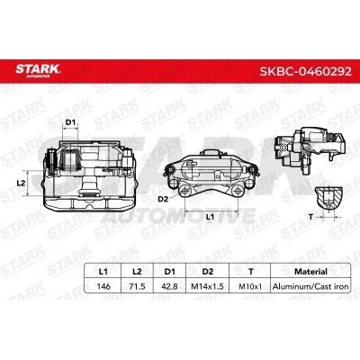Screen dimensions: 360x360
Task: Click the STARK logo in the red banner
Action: (x=38, y=71)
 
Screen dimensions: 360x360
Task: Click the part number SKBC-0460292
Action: (x=305, y=71)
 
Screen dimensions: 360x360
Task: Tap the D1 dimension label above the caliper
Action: (x=70, y=122)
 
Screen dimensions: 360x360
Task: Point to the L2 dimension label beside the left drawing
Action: (x=21, y=183)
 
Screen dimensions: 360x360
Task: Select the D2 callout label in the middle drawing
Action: (x=163, y=199)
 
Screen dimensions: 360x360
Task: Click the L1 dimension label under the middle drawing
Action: (x=210, y=216)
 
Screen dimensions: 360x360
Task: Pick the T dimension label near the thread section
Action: (x=310, y=216)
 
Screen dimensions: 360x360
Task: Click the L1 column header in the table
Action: (x=103, y=272)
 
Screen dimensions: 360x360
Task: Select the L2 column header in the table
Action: (x=137, y=272)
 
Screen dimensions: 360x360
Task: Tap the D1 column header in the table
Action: (x=169, y=272)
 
